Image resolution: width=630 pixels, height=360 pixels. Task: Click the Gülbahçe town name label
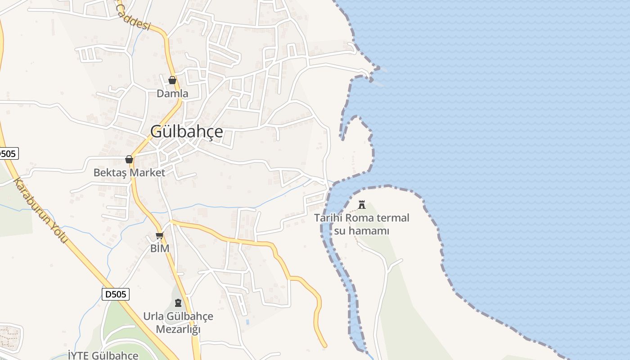tap(186, 131)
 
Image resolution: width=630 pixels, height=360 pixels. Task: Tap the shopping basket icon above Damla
tap(172, 81)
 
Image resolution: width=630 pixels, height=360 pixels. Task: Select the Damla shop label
tap(172, 94)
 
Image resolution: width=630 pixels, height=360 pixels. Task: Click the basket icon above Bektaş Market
tap(129, 159)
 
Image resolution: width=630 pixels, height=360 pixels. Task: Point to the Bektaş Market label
tap(129, 172)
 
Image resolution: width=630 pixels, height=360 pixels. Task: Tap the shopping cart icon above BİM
tap(159, 235)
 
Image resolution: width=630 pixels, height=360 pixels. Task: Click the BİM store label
tap(160, 248)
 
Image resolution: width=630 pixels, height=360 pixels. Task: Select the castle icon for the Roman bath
tap(361, 205)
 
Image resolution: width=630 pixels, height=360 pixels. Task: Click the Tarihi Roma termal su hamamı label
tap(361, 224)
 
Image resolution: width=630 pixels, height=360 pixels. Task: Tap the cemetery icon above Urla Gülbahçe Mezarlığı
tap(178, 302)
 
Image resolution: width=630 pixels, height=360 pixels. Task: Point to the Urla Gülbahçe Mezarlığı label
tap(178, 322)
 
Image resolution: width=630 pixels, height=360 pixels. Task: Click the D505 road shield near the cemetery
tap(116, 294)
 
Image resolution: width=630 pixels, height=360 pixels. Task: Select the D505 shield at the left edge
tap(8, 153)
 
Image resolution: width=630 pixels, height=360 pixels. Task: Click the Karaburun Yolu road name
tap(40, 211)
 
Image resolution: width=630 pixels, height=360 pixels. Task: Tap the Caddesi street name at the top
tap(133, 19)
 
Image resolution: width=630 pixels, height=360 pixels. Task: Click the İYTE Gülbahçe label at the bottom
tap(103, 355)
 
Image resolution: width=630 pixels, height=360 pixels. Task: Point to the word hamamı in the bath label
tap(361, 231)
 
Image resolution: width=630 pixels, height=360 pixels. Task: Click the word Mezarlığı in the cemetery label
tap(178, 329)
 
